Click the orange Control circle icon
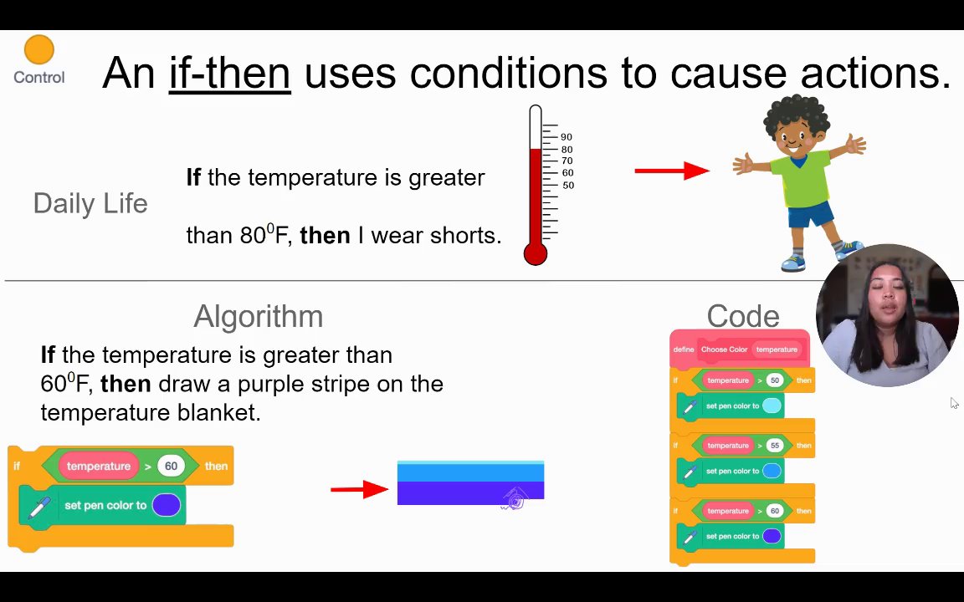point(38,50)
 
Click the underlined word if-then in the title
point(230,73)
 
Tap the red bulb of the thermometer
point(536,253)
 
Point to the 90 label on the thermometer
point(567,137)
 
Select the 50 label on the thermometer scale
point(568,185)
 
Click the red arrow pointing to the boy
point(672,171)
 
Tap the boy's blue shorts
point(811,214)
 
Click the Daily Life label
point(90,203)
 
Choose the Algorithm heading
point(259,316)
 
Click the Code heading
point(743,316)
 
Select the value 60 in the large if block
point(171,467)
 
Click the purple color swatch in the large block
point(167,505)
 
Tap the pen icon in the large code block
point(38,508)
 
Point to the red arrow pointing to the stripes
point(360,490)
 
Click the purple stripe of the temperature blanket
point(470,493)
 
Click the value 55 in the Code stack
point(775,446)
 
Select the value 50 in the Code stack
point(775,380)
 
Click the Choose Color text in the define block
point(724,349)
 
